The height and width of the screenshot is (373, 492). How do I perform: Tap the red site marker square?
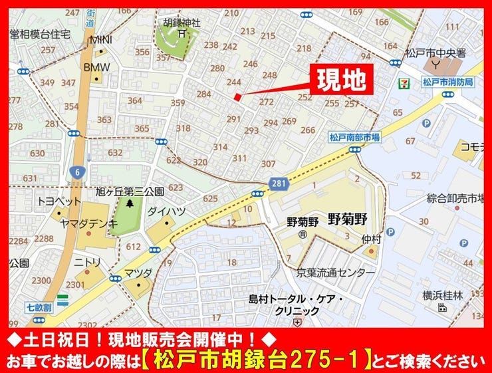pyautogui.click(x=237, y=98)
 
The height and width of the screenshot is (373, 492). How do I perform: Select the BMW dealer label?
pyautogui.click(x=96, y=67)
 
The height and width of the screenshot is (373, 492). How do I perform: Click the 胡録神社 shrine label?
pyautogui.click(x=182, y=21)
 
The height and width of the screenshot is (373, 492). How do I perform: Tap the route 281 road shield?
pyautogui.click(x=279, y=182)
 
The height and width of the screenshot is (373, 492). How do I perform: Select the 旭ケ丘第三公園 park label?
pyautogui.click(x=131, y=191)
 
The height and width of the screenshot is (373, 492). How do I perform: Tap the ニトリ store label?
pyautogui.click(x=87, y=261)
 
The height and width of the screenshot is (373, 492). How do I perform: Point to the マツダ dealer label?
pyautogui.click(x=138, y=273)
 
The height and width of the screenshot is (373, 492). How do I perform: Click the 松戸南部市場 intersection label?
pyautogui.click(x=354, y=136)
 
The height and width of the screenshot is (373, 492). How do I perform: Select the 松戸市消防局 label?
pyautogui.click(x=447, y=82)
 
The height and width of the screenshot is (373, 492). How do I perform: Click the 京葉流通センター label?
pyautogui.click(x=336, y=273)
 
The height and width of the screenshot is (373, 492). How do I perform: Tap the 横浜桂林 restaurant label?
pyautogui.click(x=441, y=295)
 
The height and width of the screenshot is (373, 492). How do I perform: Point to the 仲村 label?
pyautogui.click(x=370, y=238)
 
